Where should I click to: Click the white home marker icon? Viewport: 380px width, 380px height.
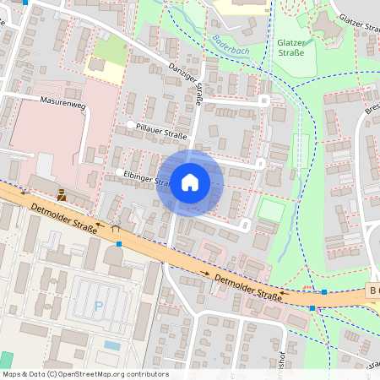click(x=190, y=182)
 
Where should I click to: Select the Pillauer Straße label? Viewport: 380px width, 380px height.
click(x=161, y=133)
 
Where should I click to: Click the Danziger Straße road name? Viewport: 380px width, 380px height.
click(x=187, y=83)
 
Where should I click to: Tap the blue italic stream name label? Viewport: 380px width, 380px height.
click(x=229, y=45)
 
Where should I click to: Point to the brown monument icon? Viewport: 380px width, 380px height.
click(x=62, y=193)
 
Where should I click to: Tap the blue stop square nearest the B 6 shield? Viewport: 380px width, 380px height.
click(x=325, y=292)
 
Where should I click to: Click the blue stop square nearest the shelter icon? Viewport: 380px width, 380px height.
click(x=119, y=244)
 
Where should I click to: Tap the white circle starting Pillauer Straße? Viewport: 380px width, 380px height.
click(x=130, y=125)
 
